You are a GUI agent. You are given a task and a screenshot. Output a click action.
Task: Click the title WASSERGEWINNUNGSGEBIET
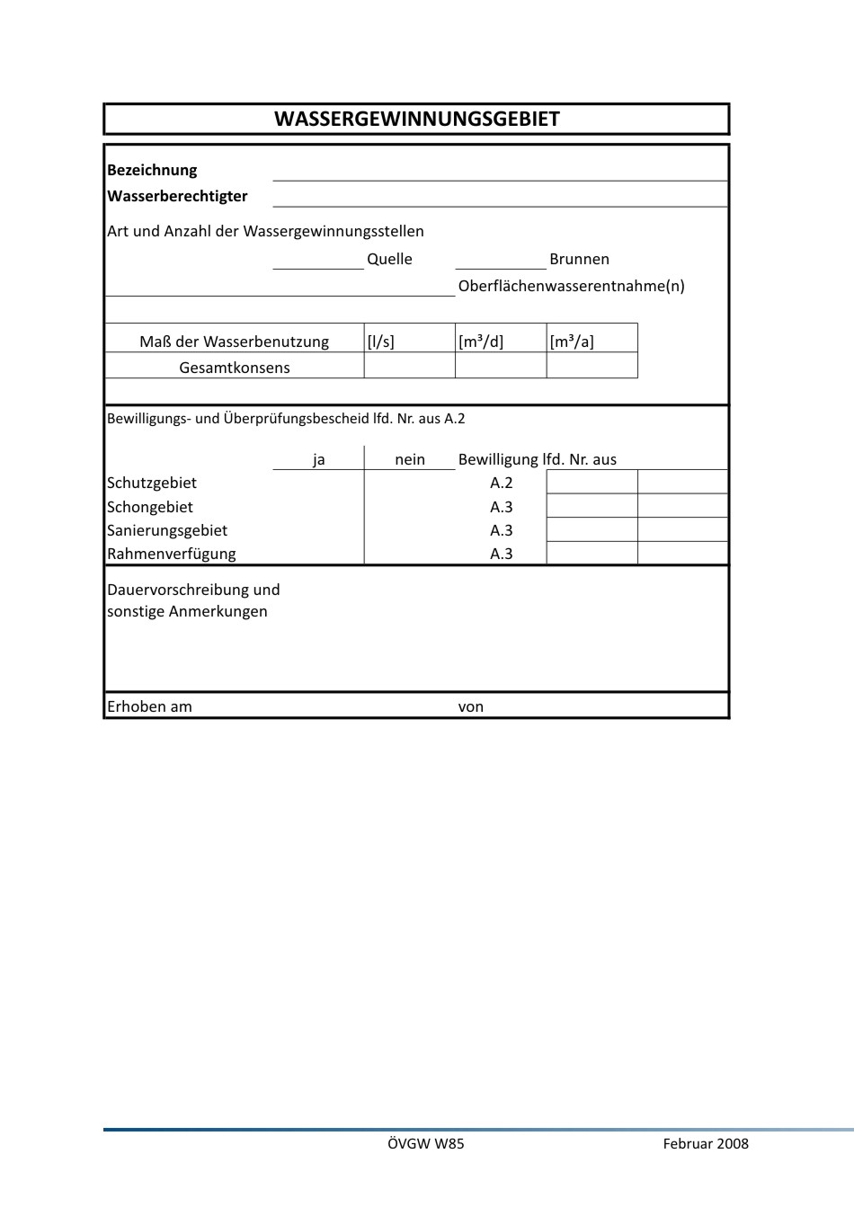click(416, 120)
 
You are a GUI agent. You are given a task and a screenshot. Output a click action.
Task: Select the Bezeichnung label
click(152, 170)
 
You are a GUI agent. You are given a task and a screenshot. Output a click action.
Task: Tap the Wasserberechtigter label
click(177, 196)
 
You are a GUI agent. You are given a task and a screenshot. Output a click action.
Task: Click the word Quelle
click(389, 259)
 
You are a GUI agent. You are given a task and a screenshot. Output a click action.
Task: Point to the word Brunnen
click(579, 259)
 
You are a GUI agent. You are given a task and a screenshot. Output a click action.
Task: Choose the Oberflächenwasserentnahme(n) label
click(571, 286)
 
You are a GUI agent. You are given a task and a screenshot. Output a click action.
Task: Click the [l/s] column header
click(381, 342)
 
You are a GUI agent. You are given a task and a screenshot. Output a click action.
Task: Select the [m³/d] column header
click(481, 342)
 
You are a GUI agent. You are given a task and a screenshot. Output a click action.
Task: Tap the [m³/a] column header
click(572, 342)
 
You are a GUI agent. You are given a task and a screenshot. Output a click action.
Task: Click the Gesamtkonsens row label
click(235, 367)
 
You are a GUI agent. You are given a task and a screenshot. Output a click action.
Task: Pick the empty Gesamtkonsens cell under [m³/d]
click(501, 366)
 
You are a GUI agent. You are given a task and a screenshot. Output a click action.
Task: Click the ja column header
click(319, 459)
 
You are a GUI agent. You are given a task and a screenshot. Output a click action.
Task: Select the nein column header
click(410, 459)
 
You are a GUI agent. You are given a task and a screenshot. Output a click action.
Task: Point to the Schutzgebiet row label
click(152, 483)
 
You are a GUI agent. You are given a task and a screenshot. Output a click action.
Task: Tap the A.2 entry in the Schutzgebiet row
click(502, 483)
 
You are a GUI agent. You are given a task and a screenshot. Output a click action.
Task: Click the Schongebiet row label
click(150, 507)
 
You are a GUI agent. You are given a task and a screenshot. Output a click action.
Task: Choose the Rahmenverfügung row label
click(172, 554)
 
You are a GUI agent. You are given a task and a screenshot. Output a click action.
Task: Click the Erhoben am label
click(149, 706)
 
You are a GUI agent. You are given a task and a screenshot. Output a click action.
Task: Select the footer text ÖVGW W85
click(426, 1143)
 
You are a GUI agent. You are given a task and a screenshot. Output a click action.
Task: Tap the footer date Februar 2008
click(706, 1143)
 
